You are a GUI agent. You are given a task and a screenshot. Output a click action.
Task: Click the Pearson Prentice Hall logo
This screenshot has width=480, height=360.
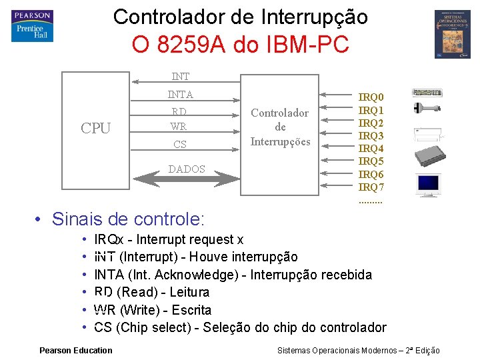(x=31, y=26)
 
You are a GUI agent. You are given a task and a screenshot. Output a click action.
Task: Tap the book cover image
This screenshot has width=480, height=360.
(x=452, y=34)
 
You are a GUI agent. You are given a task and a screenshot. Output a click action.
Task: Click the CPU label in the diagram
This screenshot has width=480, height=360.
(x=95, y=129)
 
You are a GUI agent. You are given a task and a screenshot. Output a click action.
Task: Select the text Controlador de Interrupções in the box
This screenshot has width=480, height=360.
(x=280, y=127)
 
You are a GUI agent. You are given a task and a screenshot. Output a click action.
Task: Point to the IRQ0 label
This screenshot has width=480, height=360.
(x=371, y=97)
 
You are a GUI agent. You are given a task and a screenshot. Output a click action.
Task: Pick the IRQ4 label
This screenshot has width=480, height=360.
(x=371, y=148)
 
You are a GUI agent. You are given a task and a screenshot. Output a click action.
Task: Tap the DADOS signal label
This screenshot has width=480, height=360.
(x=187, y=169)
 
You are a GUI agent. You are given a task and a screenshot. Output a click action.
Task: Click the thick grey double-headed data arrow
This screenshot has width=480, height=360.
(x=187, y=180)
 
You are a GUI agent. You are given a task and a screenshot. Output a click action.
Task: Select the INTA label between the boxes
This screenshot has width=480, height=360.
(x=180, y=95)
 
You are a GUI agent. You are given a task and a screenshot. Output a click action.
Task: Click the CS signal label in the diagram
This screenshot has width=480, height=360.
(x=179, y=145)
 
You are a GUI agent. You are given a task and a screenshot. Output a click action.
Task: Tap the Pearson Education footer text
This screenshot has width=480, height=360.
(x=76, y=351)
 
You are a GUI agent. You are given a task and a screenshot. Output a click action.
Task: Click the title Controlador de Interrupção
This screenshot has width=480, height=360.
(x=240, y=17)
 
